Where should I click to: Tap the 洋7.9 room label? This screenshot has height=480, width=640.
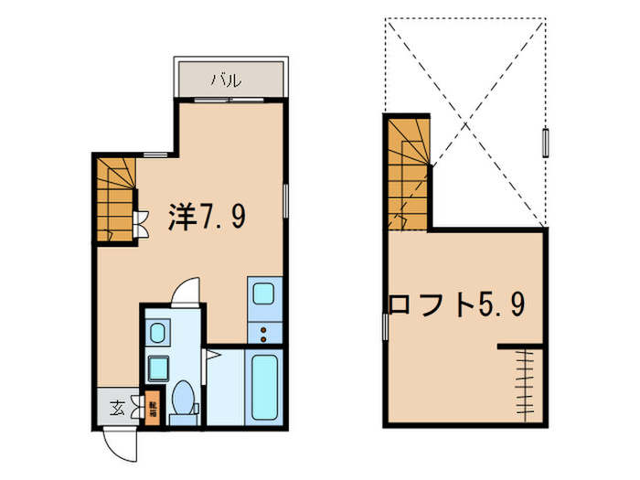tap(207, 217)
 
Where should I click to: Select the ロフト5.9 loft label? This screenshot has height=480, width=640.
tap(458, 304)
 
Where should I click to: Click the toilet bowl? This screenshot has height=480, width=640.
tap(181, 399)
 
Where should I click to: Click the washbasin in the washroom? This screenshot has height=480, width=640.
tap(156, 330)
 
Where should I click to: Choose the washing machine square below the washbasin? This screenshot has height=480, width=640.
tap(156, 368)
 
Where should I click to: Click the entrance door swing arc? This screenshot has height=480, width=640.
tap(122, 444)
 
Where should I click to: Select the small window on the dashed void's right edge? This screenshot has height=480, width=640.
tap(546, 143)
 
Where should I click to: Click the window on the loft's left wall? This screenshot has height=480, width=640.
tap(384, 324)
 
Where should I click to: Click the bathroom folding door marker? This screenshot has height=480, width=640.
tap(210, 353)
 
